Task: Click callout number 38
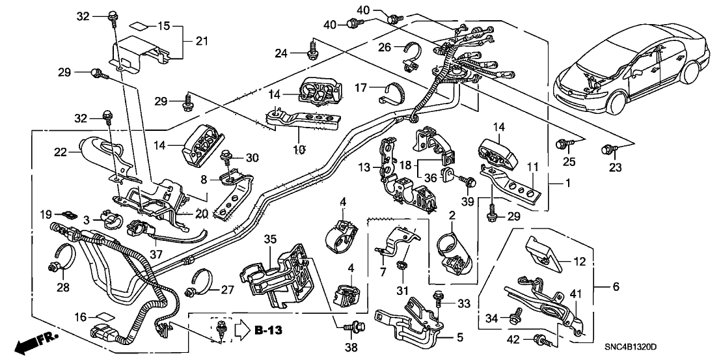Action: point(351,348)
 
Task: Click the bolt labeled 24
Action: point(313,46)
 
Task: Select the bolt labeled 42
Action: point(539,339)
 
